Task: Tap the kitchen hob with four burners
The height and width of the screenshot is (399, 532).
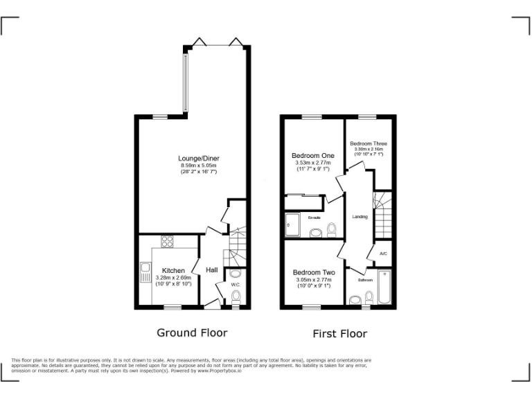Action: click(168, 242)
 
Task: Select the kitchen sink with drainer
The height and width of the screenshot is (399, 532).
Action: click(145, 273)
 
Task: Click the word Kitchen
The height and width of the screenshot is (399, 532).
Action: click(173, 270)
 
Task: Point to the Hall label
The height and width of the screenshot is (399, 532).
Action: click(212, 269)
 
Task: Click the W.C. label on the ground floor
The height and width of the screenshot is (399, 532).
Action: click(235, 284)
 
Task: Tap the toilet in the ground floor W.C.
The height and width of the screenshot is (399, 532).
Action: click(236, 297)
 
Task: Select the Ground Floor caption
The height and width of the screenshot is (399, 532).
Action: click(192, 332)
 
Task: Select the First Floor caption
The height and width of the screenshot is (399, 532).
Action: click(339, 334)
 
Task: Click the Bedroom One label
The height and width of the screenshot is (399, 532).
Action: click(312, 155)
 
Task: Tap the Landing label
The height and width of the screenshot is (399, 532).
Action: click(360, 217)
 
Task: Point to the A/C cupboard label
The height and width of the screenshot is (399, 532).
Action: click(383, 254)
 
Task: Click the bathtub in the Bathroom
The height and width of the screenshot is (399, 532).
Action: click(386, 290)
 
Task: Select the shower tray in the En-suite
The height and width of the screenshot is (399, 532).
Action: click(294, 226)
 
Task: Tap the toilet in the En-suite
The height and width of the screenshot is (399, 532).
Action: click(330, 229)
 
